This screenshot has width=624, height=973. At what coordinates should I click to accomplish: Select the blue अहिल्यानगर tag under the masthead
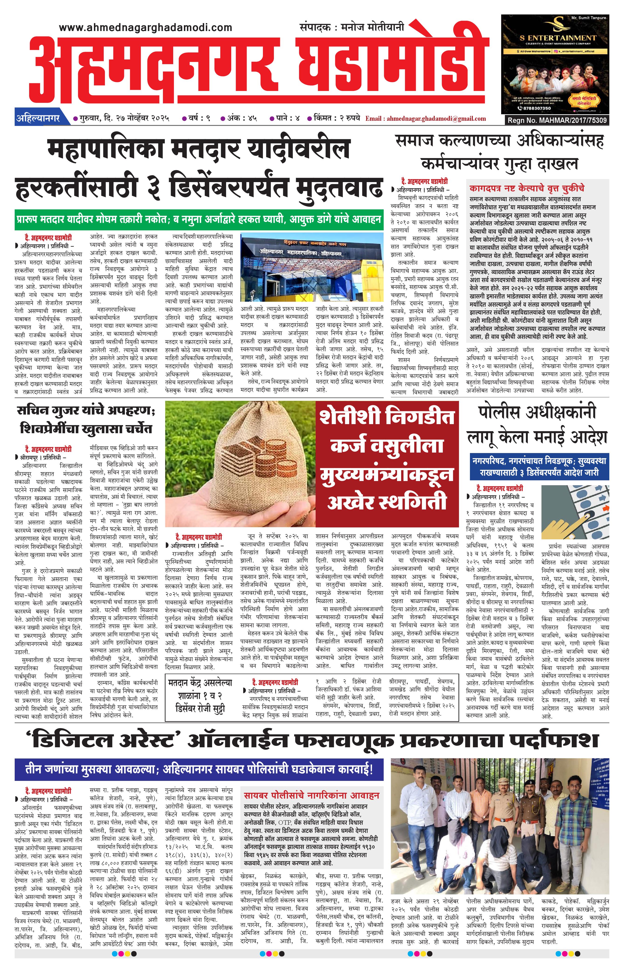click(x=38, y=119)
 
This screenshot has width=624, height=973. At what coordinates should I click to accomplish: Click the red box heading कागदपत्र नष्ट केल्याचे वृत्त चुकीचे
click(x=527, y=188)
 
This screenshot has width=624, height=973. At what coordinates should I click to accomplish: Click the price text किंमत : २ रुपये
click(x=334, y=119)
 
